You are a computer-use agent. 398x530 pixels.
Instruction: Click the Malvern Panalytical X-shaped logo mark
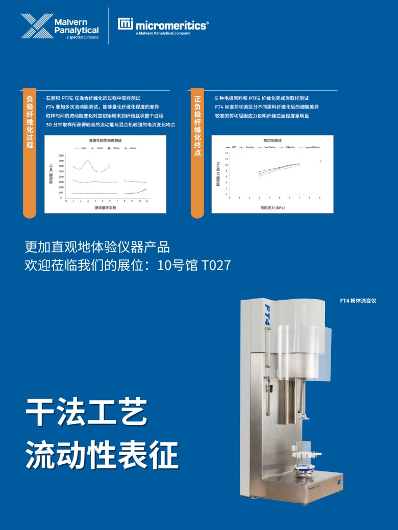tap(36, 26)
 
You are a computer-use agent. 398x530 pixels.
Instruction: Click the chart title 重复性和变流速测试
tap(105, 140)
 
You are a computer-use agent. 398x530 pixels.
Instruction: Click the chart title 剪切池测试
tap(272, 140)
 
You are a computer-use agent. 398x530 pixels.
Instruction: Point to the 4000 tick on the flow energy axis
tap(61, 156)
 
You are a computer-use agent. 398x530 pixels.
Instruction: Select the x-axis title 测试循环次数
tap(106, 208)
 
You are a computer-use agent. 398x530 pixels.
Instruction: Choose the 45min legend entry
tap(132, 148)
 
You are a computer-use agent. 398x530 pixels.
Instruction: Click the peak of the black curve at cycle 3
tap(88, 161)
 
